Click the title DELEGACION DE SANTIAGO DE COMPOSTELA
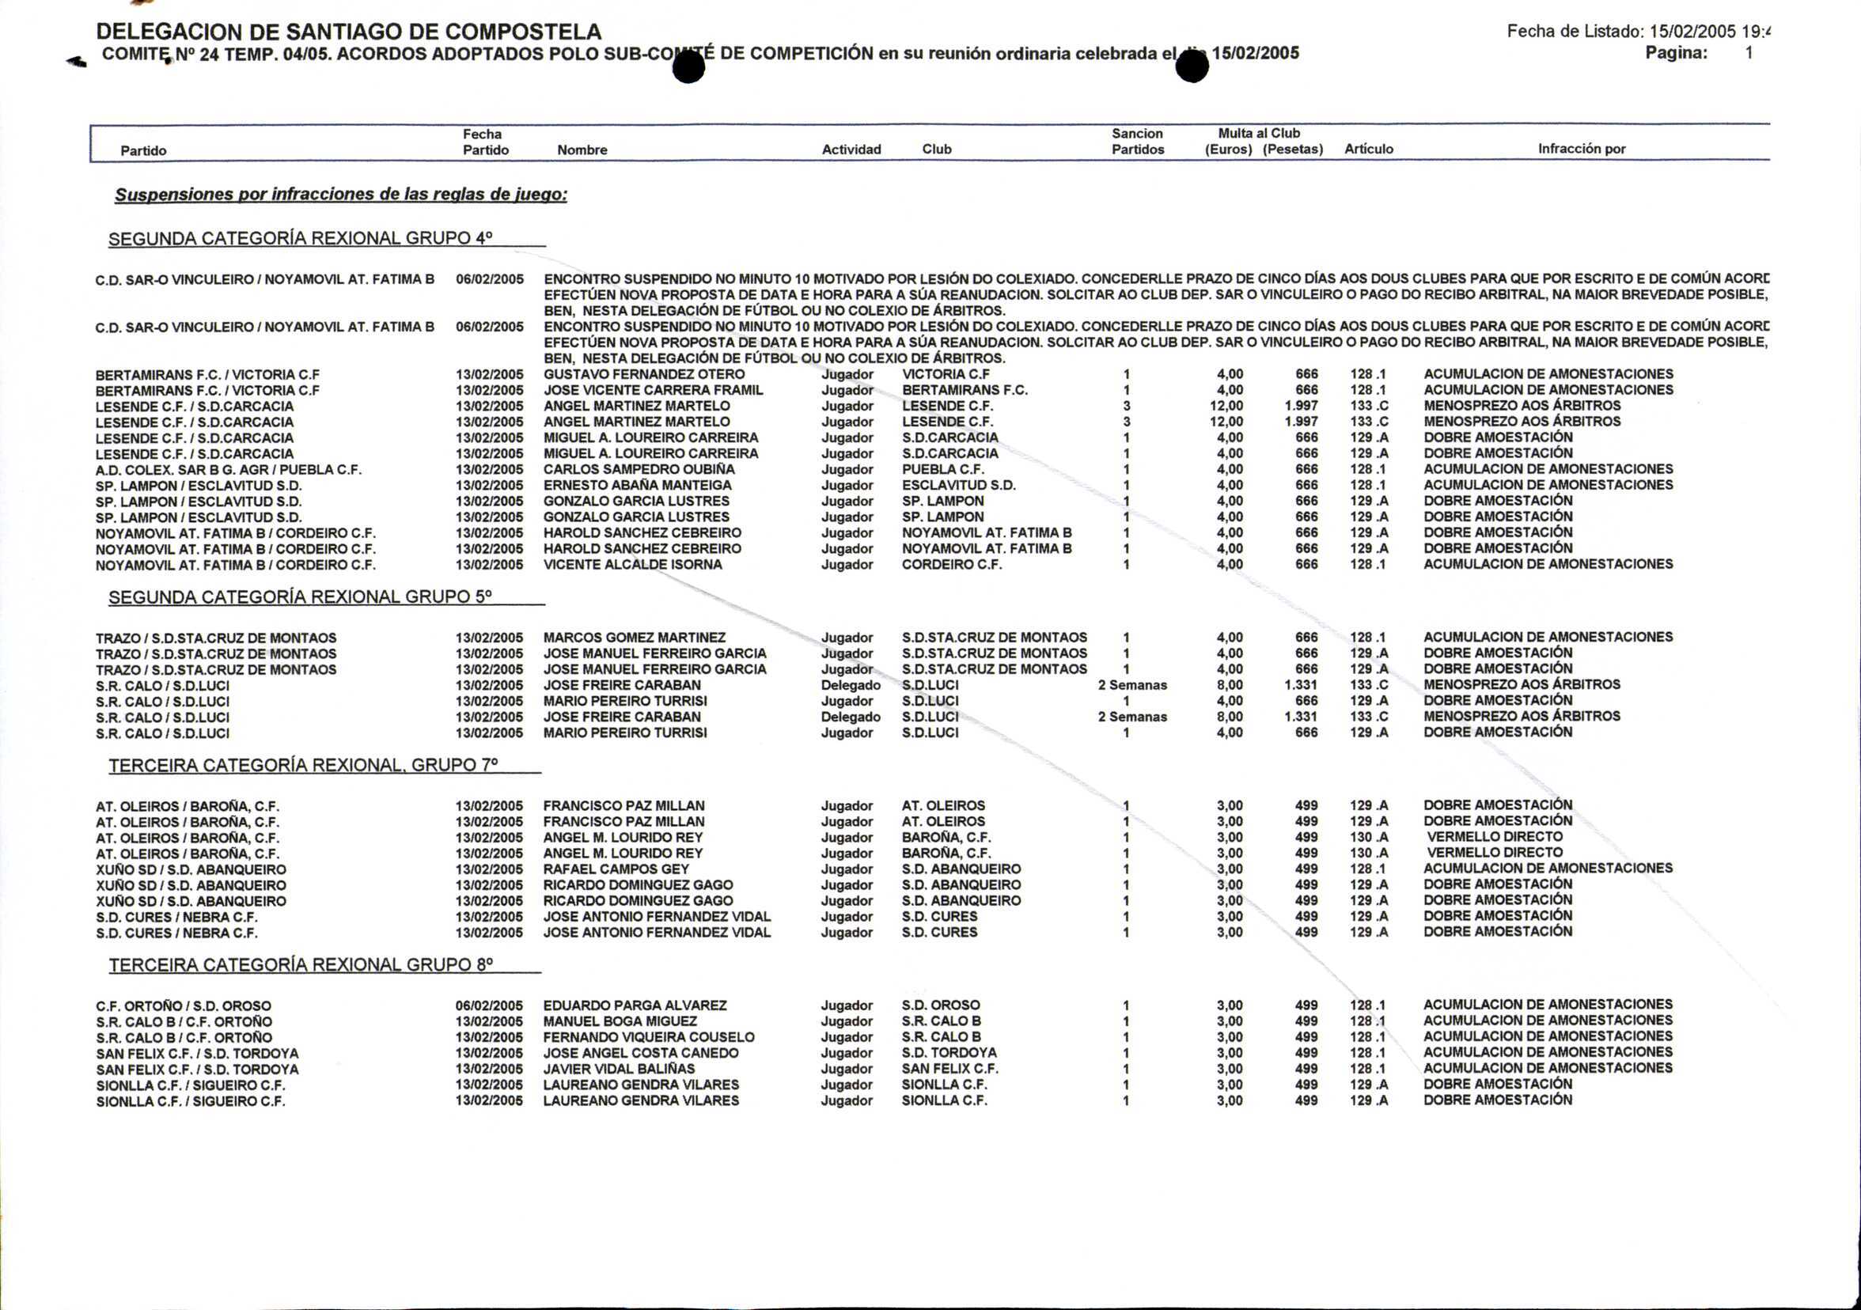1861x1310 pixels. [348, 32]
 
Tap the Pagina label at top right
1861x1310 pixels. [1675, 54]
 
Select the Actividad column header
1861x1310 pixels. [851, 150]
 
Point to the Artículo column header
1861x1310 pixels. [1368, 149]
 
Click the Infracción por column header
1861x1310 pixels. [1582, 149]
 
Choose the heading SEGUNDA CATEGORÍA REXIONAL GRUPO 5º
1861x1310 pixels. [300, 597]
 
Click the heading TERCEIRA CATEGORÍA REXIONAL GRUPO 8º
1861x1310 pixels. [301, 965]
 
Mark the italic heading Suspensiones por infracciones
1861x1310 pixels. [340, 195]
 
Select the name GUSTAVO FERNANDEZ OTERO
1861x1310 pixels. [643, 374]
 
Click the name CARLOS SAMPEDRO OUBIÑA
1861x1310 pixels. [639, 470]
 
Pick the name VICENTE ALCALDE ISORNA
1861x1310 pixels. [632, 565]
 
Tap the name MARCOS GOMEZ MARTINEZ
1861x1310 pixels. [634, 638]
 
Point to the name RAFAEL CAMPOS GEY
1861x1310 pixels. [616, 869]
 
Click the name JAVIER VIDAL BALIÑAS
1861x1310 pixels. [619, 1069]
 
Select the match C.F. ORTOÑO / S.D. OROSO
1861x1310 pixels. [184, 1006]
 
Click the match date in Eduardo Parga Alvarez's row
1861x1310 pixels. [489, 1005]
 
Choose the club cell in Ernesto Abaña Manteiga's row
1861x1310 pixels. [958, 485]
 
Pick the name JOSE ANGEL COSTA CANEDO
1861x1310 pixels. [640, 1053]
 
